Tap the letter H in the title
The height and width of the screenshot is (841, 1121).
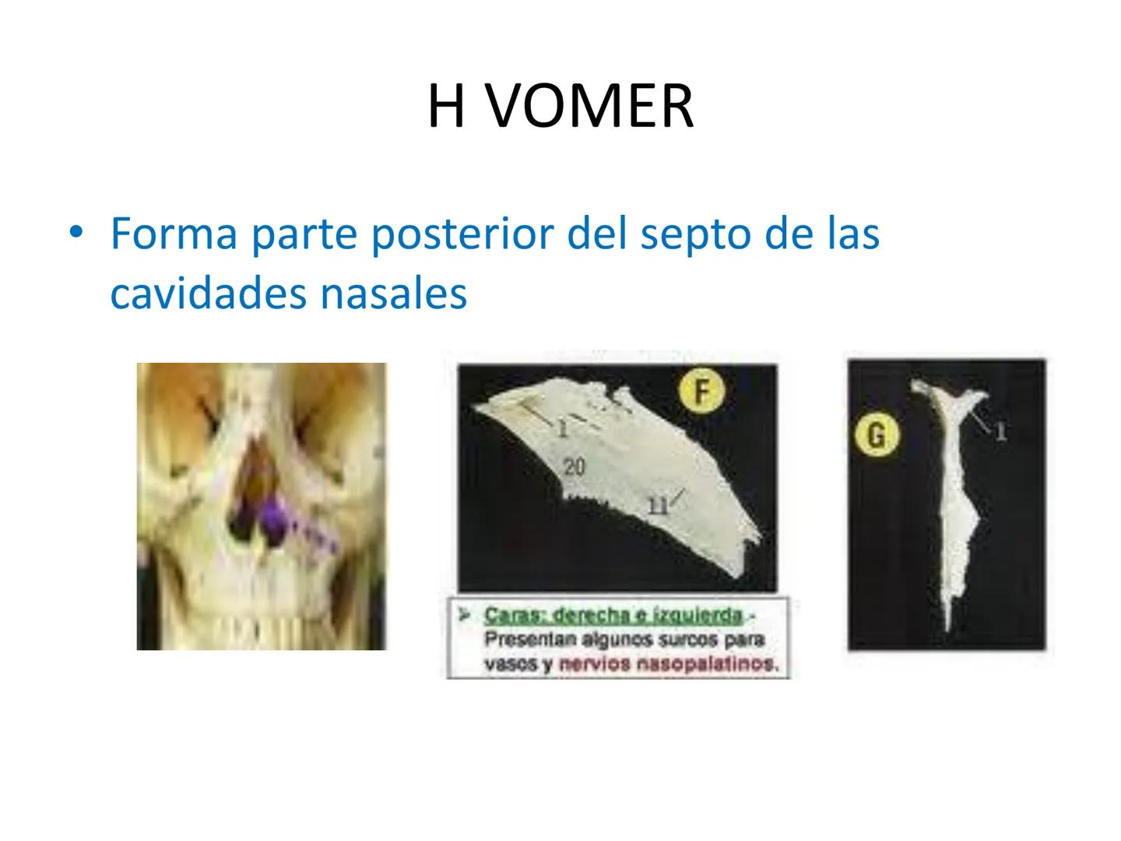445,107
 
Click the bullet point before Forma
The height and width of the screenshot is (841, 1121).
75,232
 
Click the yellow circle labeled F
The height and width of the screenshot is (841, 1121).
701,391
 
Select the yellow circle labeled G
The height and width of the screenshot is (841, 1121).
877,434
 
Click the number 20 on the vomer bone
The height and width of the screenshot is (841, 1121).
574,466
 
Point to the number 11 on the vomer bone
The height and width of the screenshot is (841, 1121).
658,506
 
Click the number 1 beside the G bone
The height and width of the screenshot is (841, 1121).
1001,431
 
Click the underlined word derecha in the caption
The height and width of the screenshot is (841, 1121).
594,616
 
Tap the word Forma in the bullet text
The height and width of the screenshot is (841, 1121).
174,233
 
